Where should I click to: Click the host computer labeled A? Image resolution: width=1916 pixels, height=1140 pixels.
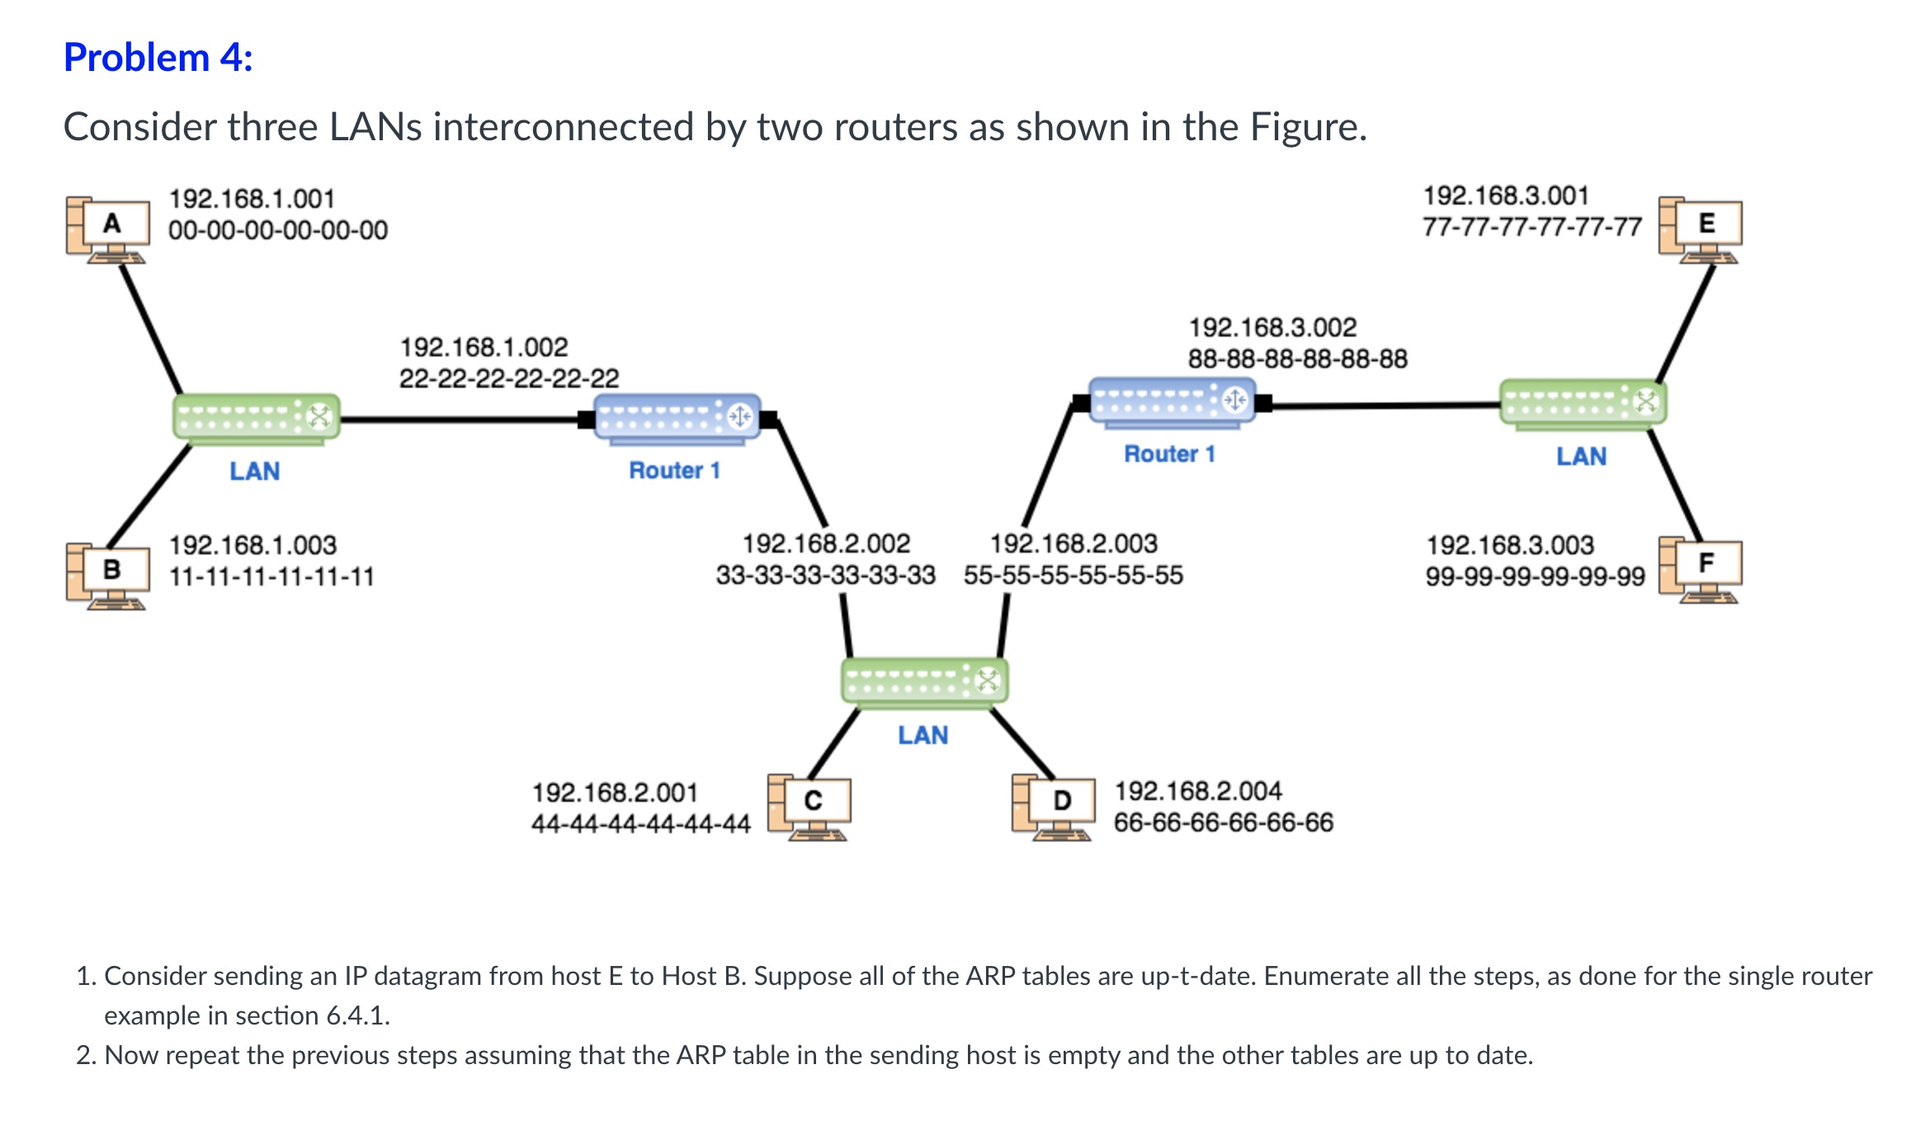[x=108, y=228]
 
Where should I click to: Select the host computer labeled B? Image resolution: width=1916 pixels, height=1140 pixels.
[x=108, y=575]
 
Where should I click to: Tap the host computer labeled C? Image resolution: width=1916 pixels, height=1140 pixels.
[x=809, y=806]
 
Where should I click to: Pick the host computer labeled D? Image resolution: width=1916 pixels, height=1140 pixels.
[x=1054, y=806]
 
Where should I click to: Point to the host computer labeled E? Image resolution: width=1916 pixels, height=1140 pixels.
[x=1701, y=228]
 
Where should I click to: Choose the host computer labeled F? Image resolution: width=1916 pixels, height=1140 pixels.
[x=1701, y=569]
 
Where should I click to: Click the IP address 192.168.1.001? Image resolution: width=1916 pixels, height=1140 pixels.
[x=252, y=199]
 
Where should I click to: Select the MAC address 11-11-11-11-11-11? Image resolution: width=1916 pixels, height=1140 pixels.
[x=271, y=576]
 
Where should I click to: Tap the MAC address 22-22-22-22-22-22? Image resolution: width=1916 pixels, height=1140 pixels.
[x=509, y=378]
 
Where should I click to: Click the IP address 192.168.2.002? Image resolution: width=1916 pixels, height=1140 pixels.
[x=826, y=544]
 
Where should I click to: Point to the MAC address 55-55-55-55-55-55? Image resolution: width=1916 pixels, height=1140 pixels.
[x=1074, y=575]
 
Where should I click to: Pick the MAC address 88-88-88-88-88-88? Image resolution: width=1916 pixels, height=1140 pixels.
[x=1298, y=359]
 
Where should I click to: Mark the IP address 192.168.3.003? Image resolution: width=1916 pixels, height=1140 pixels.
[x=1510, y=545]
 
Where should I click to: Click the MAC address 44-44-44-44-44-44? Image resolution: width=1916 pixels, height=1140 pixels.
[x=641, y=823]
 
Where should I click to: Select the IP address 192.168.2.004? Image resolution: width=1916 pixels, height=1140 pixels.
[x=1198, y=791]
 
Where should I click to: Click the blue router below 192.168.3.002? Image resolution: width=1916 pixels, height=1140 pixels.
[x=1172, y=403]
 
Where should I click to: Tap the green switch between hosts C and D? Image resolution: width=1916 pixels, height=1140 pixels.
[x=924, y=682]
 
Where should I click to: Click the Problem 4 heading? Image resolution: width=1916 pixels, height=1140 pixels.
[x=158, y=58]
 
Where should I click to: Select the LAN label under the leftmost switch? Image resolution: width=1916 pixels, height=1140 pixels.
[x=255, y=471]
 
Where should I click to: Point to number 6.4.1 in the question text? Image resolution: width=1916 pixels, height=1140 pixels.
[x=356, y=1015]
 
